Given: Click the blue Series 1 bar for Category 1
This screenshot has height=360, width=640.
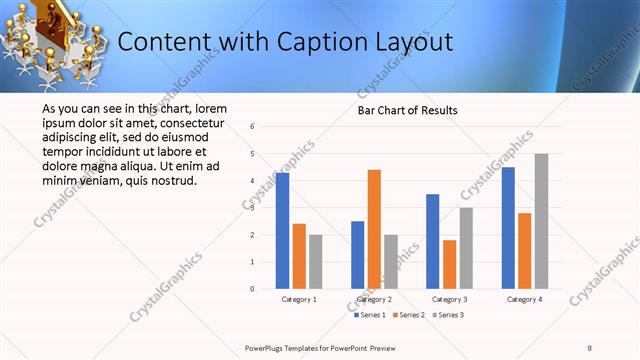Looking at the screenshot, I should point(283,231).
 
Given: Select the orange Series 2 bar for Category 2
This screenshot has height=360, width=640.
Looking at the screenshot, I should point(374,229).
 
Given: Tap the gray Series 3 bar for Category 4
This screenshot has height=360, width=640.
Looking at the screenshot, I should point(541,221).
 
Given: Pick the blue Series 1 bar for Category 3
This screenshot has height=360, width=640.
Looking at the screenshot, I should point(433,241).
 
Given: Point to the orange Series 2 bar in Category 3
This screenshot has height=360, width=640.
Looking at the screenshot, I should point(449,264).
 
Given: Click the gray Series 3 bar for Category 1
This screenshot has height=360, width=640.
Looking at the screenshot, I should point(316,261).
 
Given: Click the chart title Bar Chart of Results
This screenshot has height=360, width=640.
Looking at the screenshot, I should point(407,110).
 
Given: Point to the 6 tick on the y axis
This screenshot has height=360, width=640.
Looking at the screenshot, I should point(253,127).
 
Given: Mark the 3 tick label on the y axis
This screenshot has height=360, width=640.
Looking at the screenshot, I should point(253,208).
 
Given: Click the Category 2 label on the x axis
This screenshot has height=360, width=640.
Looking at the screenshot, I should point(375,299).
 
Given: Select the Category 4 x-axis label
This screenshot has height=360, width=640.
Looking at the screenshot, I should point(525,299).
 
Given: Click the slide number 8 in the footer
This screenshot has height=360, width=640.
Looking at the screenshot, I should point(590,347).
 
